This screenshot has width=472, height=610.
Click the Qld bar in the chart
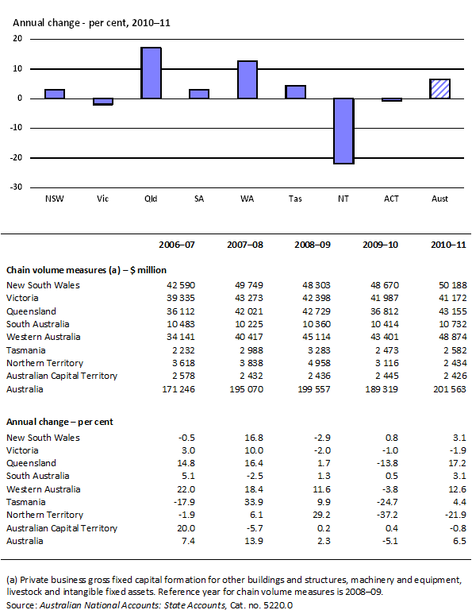point(152,73)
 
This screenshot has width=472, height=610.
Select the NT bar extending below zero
point(344,131)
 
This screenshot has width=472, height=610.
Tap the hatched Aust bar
point(440,89)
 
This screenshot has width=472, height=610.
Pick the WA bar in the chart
point(248,79)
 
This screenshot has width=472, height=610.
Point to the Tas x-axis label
point(295,197)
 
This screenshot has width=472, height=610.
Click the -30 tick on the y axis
point(16,187)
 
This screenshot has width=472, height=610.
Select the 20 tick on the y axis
point(17,39)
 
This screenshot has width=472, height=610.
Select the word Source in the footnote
point(21,605)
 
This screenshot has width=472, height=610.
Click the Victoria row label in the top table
point(24,299)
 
